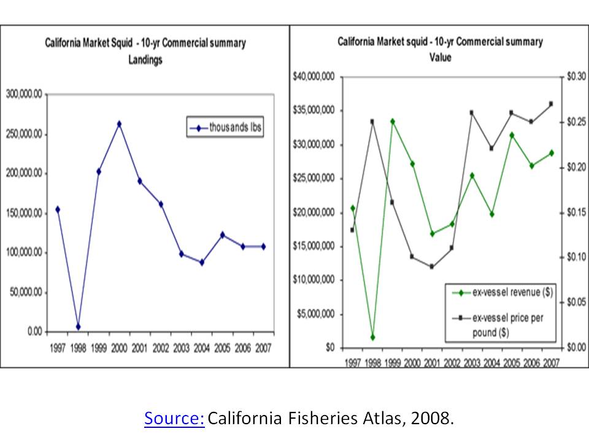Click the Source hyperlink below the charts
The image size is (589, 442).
[174, 419]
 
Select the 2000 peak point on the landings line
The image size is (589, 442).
[119, 124]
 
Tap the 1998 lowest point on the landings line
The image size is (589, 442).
[78, 327]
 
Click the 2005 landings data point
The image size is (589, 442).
[223, 235]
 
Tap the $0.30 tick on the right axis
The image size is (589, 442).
[577, 77]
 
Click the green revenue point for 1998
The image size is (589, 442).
[372, 337]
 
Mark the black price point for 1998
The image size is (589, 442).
[372, 122]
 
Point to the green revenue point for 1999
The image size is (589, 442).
[392, 122]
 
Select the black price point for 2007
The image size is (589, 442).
[551, 104]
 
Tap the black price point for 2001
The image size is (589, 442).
[432, 266]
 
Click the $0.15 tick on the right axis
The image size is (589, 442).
[577, 212]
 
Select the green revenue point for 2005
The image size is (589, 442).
[512, 135]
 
